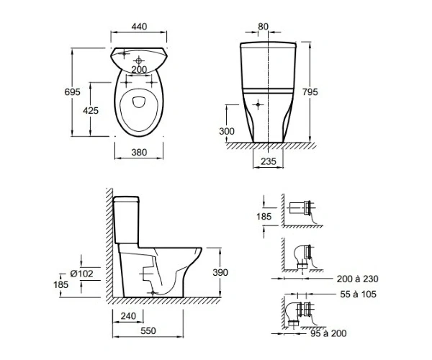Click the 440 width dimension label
tap(139, 27)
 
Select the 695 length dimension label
tap(72, 91)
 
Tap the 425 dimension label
tap(91, 110)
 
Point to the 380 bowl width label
tap(139, 153)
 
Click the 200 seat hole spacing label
tap(139, 70)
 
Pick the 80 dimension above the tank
tap(263, 27)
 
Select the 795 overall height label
tap(310, 91)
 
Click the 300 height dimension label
tap(227, 131)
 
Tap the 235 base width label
tap(269, 161)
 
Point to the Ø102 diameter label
tap(81, 274)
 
